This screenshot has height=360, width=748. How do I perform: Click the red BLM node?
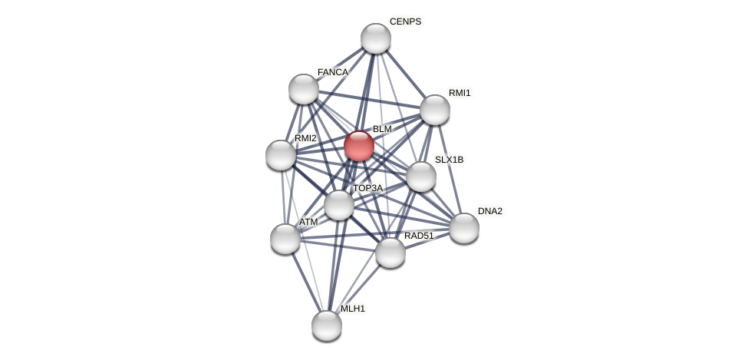(358, 146)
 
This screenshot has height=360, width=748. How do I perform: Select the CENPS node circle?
(375, 38)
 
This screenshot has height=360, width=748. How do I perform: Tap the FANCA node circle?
(304, 89)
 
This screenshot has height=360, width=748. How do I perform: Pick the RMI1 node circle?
(434, 110)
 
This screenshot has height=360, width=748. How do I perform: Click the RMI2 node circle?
(281, 155)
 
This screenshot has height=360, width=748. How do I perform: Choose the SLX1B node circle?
(420, 177)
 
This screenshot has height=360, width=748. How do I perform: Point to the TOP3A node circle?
(338, 205)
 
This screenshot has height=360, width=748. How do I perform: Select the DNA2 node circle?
(463, 228)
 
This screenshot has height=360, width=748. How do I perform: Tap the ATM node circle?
(285, 239)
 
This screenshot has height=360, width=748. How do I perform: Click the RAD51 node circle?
(390, 253)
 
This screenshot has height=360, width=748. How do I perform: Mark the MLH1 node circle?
(326, 325)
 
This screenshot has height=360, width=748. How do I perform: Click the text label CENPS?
(405, 21)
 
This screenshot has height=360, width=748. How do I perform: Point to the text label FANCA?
(332, 72)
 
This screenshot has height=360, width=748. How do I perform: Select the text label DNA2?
(489, 211)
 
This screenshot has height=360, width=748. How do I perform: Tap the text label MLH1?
(353, 309)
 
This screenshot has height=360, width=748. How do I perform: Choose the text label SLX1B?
(449, 160)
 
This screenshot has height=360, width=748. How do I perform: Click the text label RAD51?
(419, 236)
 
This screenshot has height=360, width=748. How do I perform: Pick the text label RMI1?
(460, 93)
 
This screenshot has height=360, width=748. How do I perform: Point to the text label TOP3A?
(367, 188)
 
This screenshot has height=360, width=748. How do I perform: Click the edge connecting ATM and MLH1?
(305, 282)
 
